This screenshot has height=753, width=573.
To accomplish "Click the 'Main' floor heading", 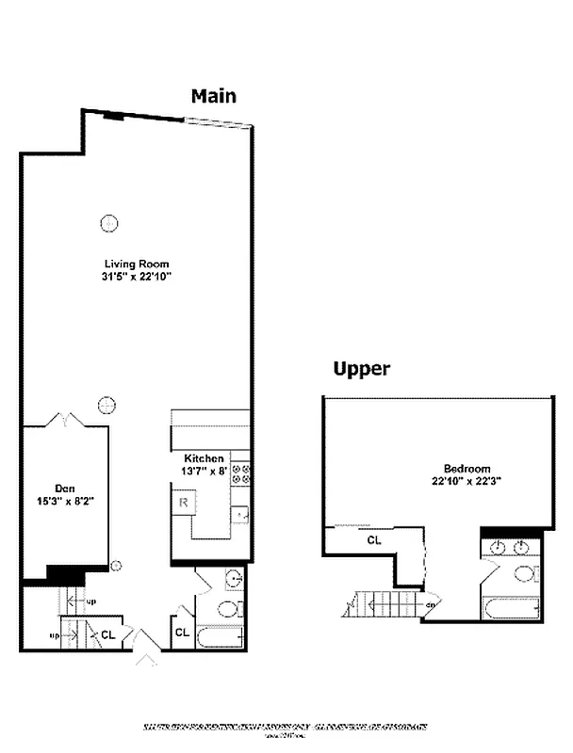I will coord(214,95).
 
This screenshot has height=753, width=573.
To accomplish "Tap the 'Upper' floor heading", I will coord(362,369).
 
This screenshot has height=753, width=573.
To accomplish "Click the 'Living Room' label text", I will coord(138,264).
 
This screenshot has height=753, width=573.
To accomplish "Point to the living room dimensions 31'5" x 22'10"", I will coord(138,277).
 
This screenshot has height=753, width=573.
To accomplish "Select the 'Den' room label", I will coord(65,488).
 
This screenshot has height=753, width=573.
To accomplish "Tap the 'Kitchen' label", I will coord(204,458).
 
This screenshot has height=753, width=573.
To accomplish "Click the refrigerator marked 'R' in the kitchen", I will coord(181,504).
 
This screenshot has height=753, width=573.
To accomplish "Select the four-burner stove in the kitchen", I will coord(240,473).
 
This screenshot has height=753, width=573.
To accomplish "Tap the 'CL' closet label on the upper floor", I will coord(374,540).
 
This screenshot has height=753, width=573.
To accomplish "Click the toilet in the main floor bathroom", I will coord(229,608).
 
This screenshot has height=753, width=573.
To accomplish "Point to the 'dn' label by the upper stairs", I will coord(430,605).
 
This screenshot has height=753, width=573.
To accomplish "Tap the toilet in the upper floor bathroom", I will coord(525,574).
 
